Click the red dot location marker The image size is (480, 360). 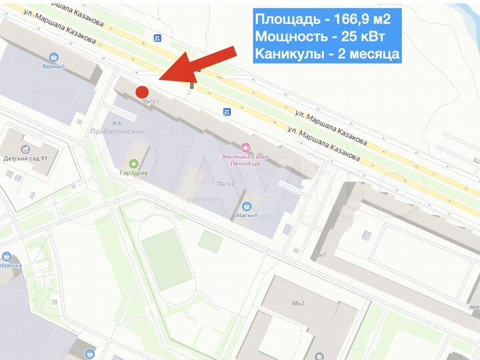(141, 92)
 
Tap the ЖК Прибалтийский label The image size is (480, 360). (117, 127)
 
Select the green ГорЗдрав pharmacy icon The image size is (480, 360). (134, 163)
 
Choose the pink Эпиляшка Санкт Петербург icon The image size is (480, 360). (245, 147)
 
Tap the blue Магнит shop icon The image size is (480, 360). (247, 206)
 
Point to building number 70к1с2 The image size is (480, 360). (226, 183)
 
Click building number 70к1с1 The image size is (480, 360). (151, 101)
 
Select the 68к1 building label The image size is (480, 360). (319, 255)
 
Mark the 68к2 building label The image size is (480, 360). (297, 303)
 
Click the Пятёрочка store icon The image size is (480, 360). (7, 257)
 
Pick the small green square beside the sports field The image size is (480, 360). (210, 241)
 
